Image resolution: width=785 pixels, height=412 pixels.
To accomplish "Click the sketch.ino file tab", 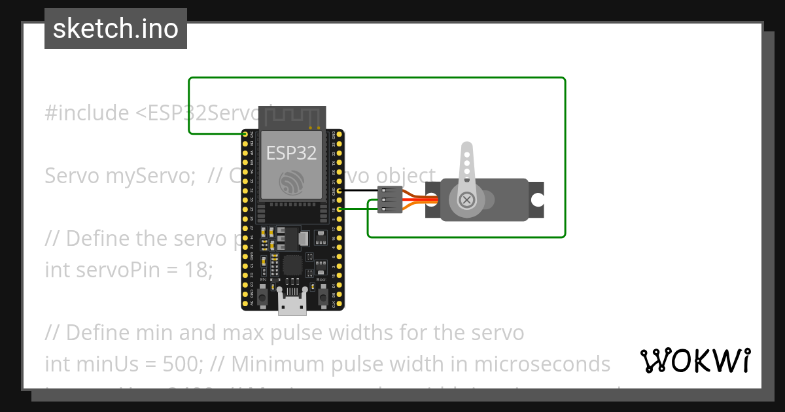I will click(x=116, y=29).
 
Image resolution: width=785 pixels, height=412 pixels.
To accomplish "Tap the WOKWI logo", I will click(x=695, y=360).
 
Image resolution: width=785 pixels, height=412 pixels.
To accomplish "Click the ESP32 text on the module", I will click(x=291, y=153).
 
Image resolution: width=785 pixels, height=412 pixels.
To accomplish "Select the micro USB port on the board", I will click(x=292, y=302).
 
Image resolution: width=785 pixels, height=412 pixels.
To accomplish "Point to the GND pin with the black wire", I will click(x=339, y=190).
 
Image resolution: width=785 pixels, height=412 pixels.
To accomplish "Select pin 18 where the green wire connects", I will click(x=339, y=209).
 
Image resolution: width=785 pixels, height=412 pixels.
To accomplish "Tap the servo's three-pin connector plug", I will click(x=389, y=199).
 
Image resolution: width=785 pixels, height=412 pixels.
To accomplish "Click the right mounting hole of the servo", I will click(x=537, y=199).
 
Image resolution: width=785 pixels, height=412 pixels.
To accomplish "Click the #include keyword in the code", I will click(x=87, y=113).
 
